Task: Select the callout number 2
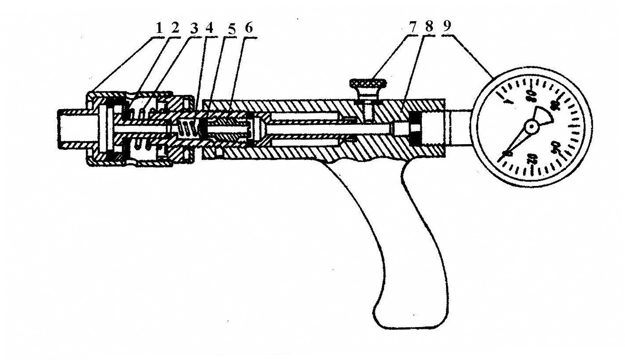175,28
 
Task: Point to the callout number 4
210,28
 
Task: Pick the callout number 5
232,29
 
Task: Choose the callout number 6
249,28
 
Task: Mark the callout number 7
413,27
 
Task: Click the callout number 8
429,26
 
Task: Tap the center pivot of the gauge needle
532,127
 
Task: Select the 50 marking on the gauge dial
556,146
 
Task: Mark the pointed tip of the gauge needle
504,154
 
